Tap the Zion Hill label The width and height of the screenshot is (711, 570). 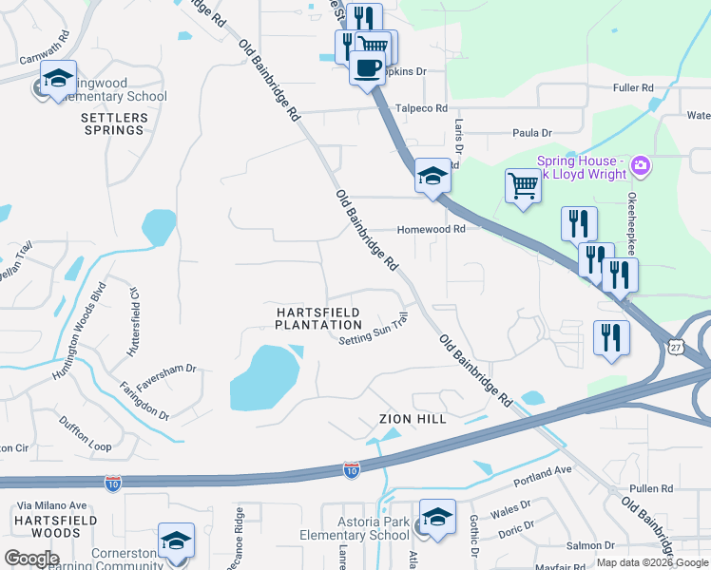tap(412, 418)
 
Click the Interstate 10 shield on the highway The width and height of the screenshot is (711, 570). tap(351, 470)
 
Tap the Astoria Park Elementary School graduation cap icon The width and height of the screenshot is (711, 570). tap(437, 517)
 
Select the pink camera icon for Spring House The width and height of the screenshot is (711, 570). tap(640, 167)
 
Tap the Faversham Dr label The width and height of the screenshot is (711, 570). tap(172, 369)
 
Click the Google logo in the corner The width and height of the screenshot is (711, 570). tap(31, 559)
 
